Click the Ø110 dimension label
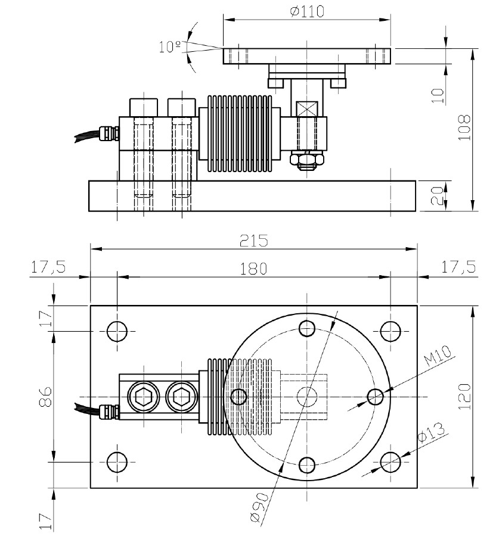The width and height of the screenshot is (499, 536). coord(308,11)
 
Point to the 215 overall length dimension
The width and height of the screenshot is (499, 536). coord(254,241)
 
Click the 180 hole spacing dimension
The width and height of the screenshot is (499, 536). coord(254,269)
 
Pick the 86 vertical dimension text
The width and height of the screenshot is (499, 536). coord(49,396)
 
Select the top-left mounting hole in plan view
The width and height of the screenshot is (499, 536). coord(116,331)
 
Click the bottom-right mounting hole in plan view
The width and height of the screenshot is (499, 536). coord(390,460)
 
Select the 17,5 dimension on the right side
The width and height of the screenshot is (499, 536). coord(458,269)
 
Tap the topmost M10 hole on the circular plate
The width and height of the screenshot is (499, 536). coord(308,328)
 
